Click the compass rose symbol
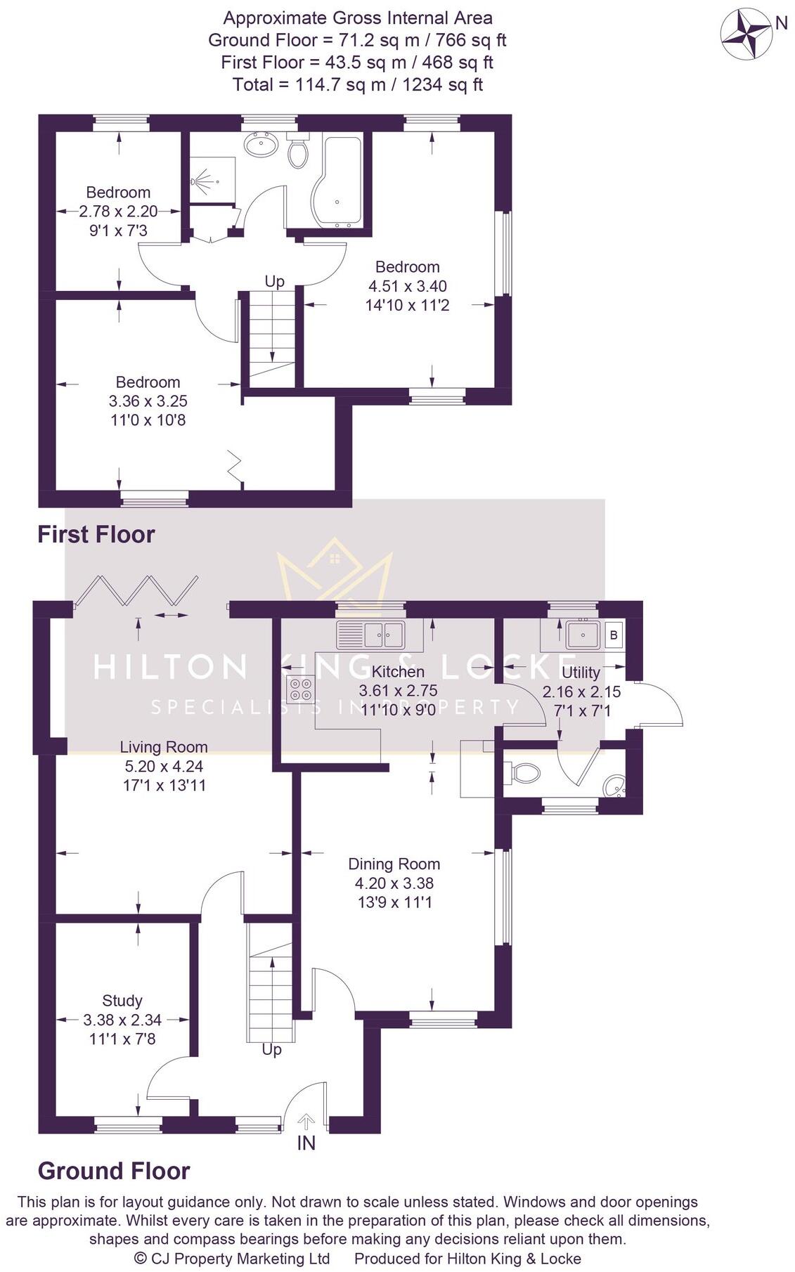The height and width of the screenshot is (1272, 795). (746, 33)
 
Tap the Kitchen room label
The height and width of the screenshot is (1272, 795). (398, 671)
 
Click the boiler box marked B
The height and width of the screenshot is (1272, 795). (614, 635)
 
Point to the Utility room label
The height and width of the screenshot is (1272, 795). (581, 673)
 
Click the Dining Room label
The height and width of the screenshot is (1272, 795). (394, 864)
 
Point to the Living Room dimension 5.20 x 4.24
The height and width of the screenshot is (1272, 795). (163, 766)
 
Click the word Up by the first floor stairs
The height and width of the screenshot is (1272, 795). (274, 281)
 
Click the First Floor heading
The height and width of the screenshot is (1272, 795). (96, 535)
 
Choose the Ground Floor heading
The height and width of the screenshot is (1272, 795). (114, 1172)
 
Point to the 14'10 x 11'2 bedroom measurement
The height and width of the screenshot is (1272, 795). (407, 306)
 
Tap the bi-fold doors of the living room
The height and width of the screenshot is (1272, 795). (137, 590)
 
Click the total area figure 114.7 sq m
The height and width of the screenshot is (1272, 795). (357, 85)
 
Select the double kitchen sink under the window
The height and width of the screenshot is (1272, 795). (370, 635)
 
